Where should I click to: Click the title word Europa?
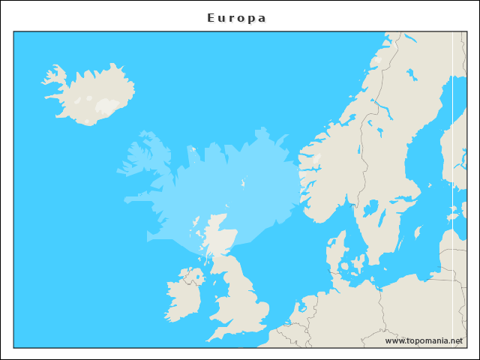coord(237,17)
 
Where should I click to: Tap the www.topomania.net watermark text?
coord(424,340)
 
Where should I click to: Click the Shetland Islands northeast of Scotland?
coord(243,182)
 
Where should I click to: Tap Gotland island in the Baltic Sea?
coord(418,230)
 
